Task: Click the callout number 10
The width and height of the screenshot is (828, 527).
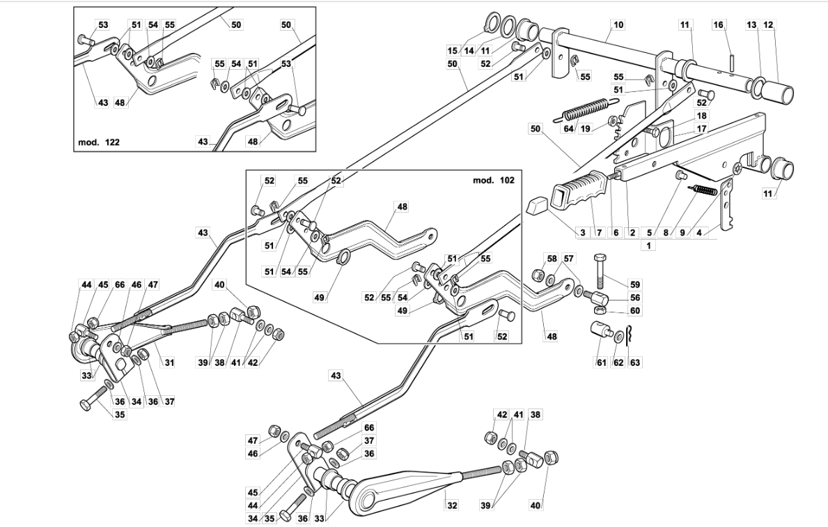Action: (x=618, y=24)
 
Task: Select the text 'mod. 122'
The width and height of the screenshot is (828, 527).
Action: (x=99, y=142)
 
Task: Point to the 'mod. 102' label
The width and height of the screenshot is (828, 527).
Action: (x=493, y=180)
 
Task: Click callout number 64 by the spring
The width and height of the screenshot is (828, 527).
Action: (x=568, y=128)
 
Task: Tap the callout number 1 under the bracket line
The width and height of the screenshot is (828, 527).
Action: (x=648, y=245)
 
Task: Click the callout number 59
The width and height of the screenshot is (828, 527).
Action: (x=634, y=284)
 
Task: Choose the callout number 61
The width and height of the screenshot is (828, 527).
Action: (x=602, y=362)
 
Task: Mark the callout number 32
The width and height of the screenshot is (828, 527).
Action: (x=452, y=505)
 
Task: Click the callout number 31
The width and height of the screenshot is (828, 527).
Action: (x=169, y=362)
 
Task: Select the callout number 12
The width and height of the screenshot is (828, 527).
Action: (x=768, y=24)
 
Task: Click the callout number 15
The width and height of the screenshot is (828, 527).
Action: (x=453, y=51)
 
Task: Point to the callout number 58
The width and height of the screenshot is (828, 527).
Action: (x=552, y=259)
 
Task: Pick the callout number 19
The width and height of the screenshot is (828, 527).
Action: (x=585, y=128)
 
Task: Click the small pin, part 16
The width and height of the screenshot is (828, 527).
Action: (x=733, y=59)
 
